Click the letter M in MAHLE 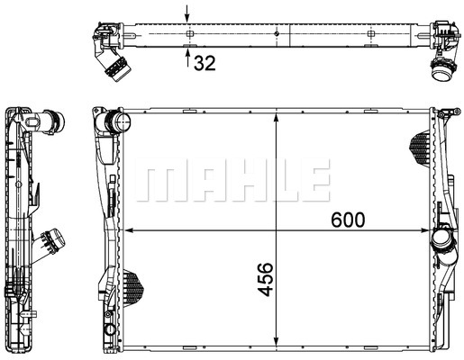(x=159, y=183)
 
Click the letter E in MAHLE (x=308, y=183)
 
